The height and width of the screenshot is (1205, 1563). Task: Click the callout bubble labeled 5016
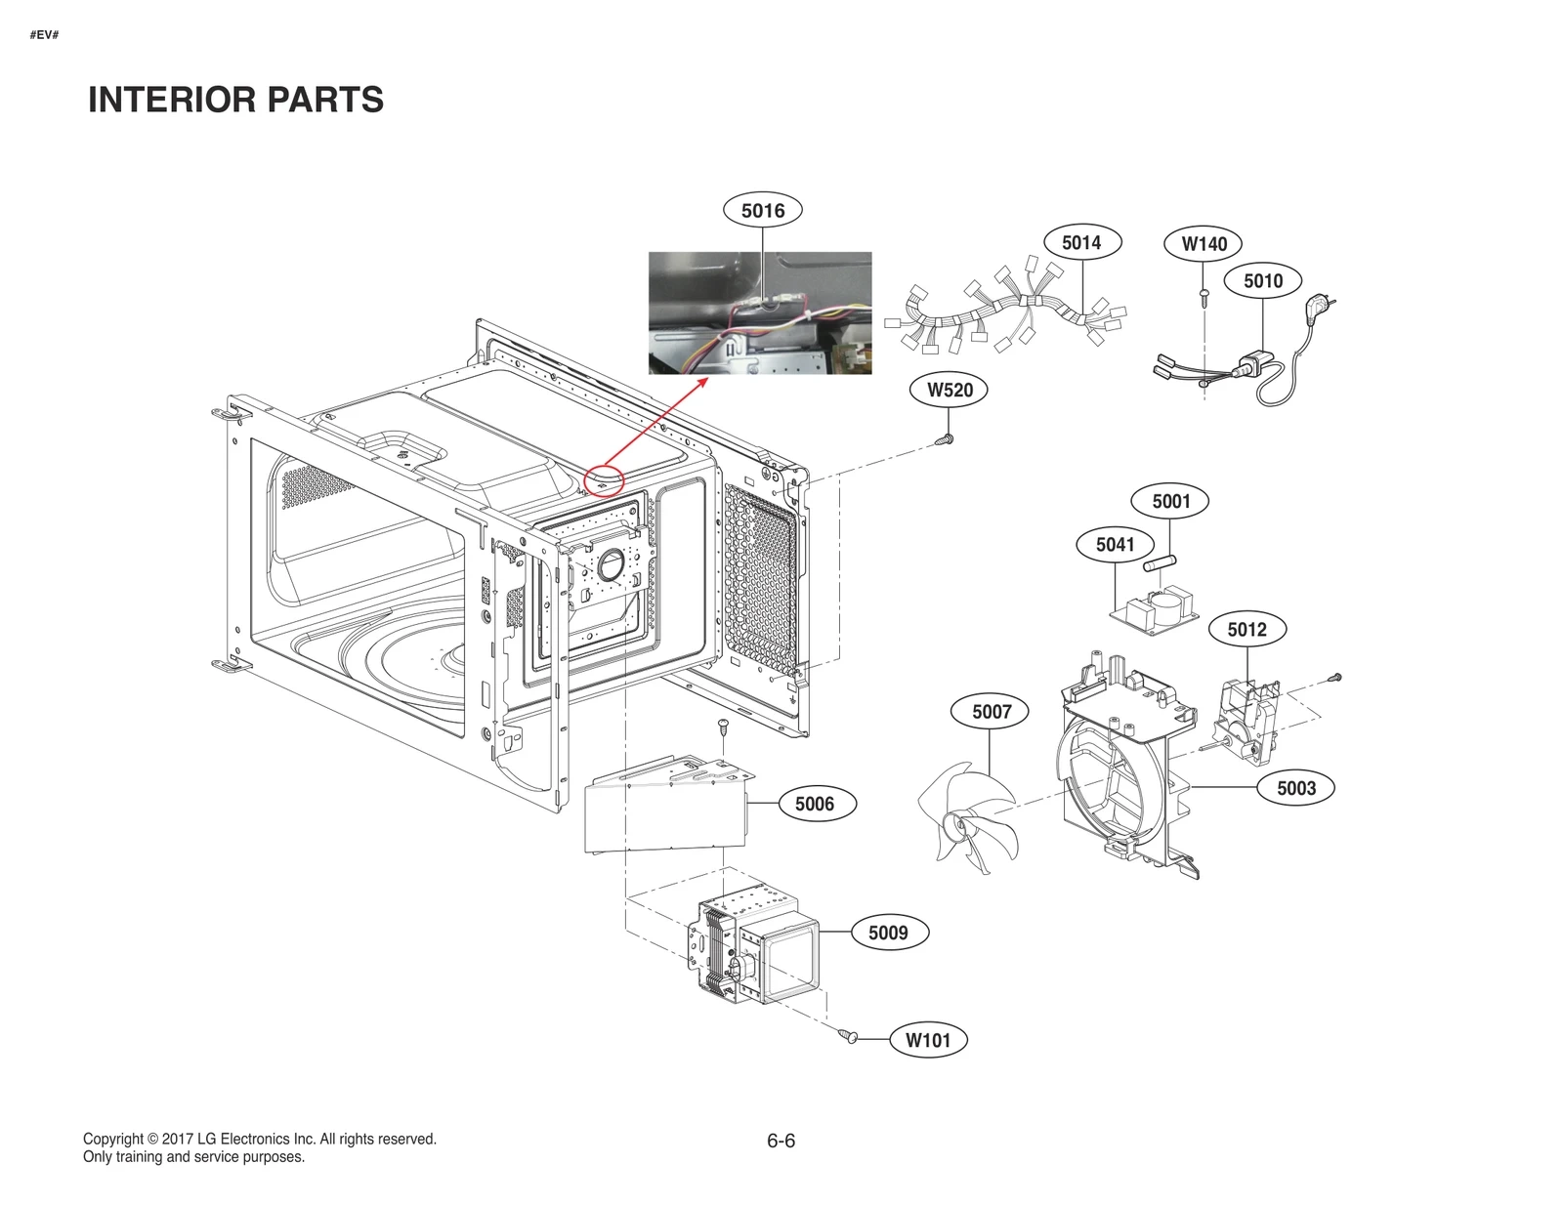coord(762,210)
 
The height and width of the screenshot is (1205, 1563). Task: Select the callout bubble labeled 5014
coord(1081,242)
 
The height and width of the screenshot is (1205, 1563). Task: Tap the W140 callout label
coord(1204,244)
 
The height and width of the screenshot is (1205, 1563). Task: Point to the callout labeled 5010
coord(1262,281)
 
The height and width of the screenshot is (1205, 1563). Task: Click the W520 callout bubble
coord(950,390)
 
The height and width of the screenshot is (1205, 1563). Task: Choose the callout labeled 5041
coord(1115,545)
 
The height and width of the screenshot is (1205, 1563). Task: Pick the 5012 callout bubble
coord(1246,630)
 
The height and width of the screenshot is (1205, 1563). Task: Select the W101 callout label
coord(927,1040)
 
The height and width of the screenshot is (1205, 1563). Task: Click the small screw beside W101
coord(849,1035)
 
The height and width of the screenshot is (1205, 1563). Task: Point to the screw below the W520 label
coord(945,439)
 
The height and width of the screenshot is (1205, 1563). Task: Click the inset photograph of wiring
coord(760,312)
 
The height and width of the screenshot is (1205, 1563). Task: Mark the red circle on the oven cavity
coord(604,480)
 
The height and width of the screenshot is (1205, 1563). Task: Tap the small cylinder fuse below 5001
coord(1161,563)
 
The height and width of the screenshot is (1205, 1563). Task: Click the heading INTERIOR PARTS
coord(235,100)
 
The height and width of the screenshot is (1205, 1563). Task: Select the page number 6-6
coord(781,1141)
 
